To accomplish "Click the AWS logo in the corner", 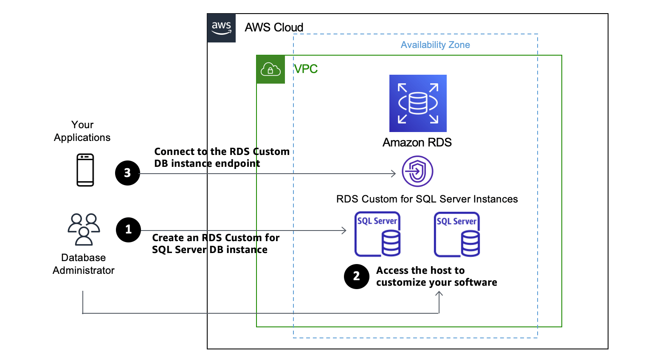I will (x=221, y=28).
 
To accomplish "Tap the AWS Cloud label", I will (x=274, y=28).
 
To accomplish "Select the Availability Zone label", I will (x=435, y=45).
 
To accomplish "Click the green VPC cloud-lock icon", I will (x=270, y=69).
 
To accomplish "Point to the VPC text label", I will (x=306, y=69).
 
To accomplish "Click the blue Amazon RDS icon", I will (x=418, y=103).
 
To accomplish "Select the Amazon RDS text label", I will (x=417, y=143).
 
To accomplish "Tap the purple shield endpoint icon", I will (x=417, y=171).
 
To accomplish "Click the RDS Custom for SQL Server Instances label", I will (x=427, y=199).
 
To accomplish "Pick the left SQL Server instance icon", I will (x=378, y=234).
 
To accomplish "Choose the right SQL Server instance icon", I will (x=457, y=235).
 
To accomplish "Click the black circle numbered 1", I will (x=128, y=230).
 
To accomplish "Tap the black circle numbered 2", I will (x=357, y=276).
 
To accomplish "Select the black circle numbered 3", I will (x=127, y=173).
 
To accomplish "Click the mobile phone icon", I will (x=85, y=170).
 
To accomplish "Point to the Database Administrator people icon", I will (x=84, y=229).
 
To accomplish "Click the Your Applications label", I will (x=82, y=131).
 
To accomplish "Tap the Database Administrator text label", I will (x=83, y=264).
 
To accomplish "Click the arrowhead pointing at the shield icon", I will (x=394, y=173).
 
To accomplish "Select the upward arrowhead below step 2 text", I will (x=439, y=294).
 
